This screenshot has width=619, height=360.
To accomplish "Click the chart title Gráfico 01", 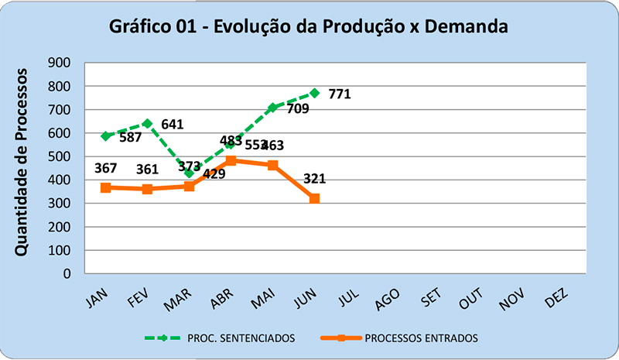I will [309, 27].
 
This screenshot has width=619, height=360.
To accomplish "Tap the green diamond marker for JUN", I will [314, 93].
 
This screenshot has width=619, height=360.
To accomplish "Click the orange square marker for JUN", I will [314, 199].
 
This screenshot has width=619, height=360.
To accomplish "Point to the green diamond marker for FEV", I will [147, 124].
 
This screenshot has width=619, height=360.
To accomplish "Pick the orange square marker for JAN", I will [105, 187].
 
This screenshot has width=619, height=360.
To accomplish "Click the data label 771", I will [340, 94].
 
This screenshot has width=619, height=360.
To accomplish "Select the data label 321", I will [313, 179].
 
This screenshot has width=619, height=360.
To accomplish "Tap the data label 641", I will [173, 124].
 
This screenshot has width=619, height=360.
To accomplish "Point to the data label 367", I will [106, 169].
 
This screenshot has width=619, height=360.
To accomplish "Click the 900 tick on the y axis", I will [60, 63].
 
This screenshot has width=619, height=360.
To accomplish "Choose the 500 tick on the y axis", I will [60, 156].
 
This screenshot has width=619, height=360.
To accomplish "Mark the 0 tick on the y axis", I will [67, 273].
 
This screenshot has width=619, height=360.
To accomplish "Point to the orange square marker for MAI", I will [272, 165].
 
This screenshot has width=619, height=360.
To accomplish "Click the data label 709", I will [298, 108].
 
